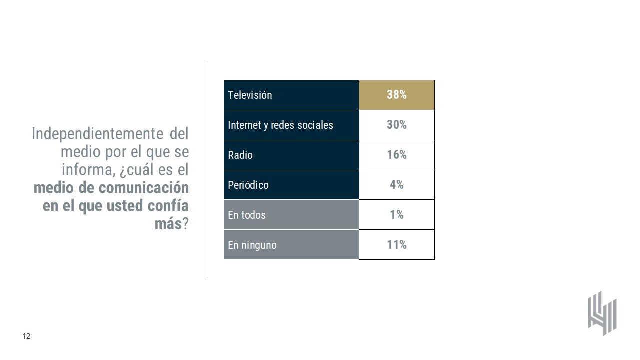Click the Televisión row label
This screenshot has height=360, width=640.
click(250, 95)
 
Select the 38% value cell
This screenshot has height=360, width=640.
click(396, 95)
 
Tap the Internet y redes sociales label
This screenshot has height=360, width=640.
click(280, 125)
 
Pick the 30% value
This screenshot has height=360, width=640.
click(396, 125)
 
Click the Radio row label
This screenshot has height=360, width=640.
click(240, 155)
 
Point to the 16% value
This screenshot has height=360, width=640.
click(396, 155)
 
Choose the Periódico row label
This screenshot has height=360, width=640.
click(248, 185)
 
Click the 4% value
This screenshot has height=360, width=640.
click(396, 185)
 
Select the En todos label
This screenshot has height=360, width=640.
click(247, 215)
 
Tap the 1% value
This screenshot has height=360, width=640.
click(396, 215)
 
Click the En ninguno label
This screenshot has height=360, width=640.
click(252, 245)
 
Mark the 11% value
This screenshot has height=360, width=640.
click(396, 245)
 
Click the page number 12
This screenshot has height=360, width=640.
click(26, 336)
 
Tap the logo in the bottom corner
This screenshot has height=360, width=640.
click(602, 313)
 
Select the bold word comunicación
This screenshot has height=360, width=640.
click(144, 188)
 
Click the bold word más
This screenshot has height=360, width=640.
click(168, 224)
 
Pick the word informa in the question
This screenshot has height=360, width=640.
click(87, 170)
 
